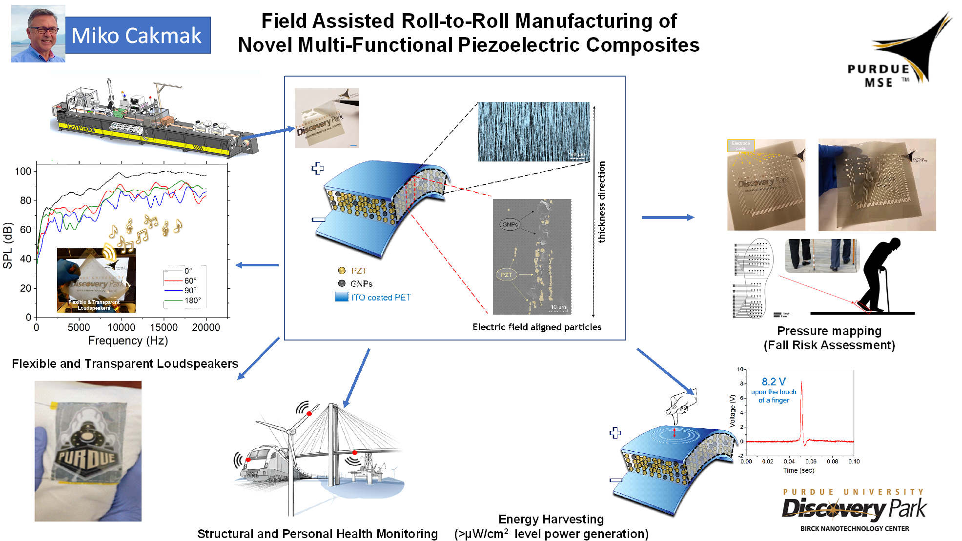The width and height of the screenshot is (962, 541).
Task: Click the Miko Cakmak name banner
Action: [x=137, y=35]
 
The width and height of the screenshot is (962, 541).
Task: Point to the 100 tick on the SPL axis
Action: [x=23, y=171]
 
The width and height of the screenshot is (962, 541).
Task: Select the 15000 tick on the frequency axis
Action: [x=164, y=327]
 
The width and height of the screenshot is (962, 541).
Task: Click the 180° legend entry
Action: [x=192, y=301]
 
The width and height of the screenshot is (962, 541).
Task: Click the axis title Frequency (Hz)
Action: [x=128, y=341]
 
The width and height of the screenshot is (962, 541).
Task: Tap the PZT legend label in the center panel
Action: [x=359, y=271]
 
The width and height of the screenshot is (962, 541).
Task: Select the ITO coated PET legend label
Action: [x=381, y=298]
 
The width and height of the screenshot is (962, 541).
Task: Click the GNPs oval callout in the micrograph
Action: [x=510, y=224]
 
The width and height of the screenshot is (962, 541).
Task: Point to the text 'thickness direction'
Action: [x=602, y=202]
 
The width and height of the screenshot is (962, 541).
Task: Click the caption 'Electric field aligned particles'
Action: [x=537, y=327]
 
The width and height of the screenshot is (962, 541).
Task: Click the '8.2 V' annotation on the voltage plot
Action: [x=774, y=381]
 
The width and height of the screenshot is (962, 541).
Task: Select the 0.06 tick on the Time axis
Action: [x=811, y=461]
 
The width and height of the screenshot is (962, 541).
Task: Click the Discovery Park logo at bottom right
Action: [x=854, y=510]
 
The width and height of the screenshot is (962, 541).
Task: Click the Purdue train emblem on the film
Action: [x=87, y=451]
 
